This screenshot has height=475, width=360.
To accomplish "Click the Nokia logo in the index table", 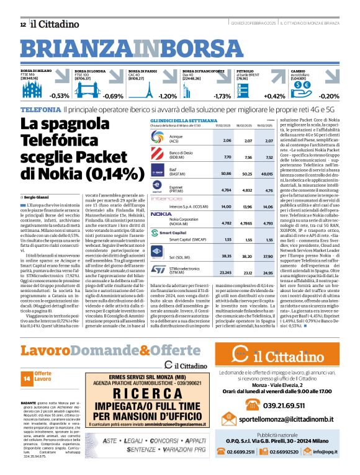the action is pos(161,197).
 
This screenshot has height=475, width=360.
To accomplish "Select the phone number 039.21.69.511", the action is pos(291,406).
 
